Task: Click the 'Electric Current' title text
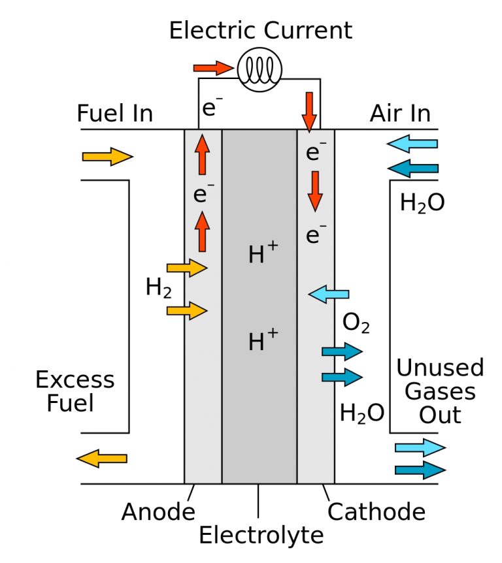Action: coord(261,30)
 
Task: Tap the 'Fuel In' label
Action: coord(114,114)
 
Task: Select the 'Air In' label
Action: coord(400,114)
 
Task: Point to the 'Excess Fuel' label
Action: coord(75,391)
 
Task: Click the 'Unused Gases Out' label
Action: coord(440,391)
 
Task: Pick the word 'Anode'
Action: coord(158,512)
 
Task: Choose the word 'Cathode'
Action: coord(376,511)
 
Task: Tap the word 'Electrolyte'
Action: coord(261,536)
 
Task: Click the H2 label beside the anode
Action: coord(158,287)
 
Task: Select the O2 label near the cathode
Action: coord(356,323)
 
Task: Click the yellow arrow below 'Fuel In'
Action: coord(107,157)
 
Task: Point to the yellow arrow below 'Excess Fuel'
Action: coord(102,458)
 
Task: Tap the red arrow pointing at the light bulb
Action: coord(213,67)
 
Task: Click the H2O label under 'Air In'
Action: coord(422,203)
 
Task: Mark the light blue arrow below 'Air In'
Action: coord(412,144)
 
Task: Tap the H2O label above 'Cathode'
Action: coord(361,413)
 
